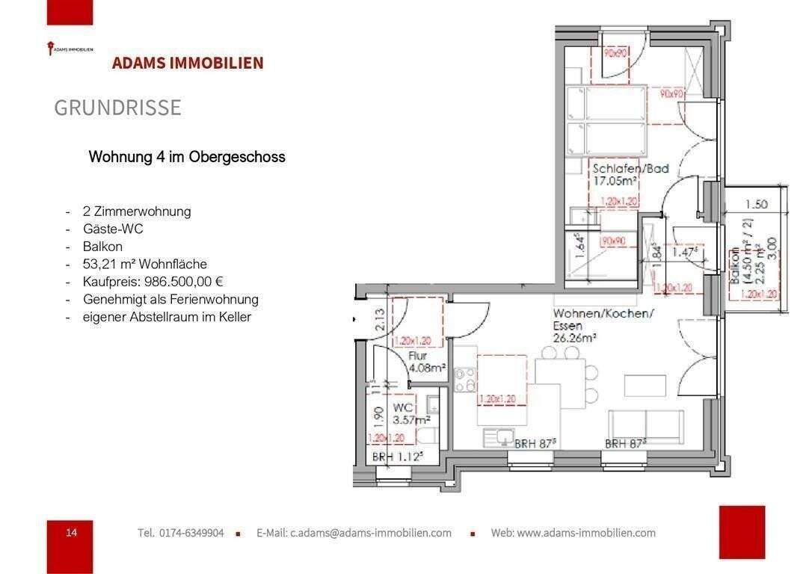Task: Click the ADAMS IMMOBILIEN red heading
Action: pyautogui.click(x=188, y=63)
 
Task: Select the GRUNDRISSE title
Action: pyautogui.click(x=117, y=108)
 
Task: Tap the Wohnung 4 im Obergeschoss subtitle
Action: pyautogui.click(x=187, y=157)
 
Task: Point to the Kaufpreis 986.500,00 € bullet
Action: pyautogui.click(x=153, y=282)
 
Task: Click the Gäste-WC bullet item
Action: pyautogui.click(x=113, y=229)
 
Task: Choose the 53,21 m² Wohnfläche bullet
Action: pyautogui.click(x=145, y=264)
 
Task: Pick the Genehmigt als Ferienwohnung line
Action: pyautogui.click(x=170, y=299)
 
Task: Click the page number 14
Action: pyautogui.click(x=71, y=532)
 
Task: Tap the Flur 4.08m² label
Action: pyautogui.click(x=427, y=362)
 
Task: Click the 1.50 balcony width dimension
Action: pyautogui.click(x=757, y=204)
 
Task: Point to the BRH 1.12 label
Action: pyautogui.click(x=398, y=457)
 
